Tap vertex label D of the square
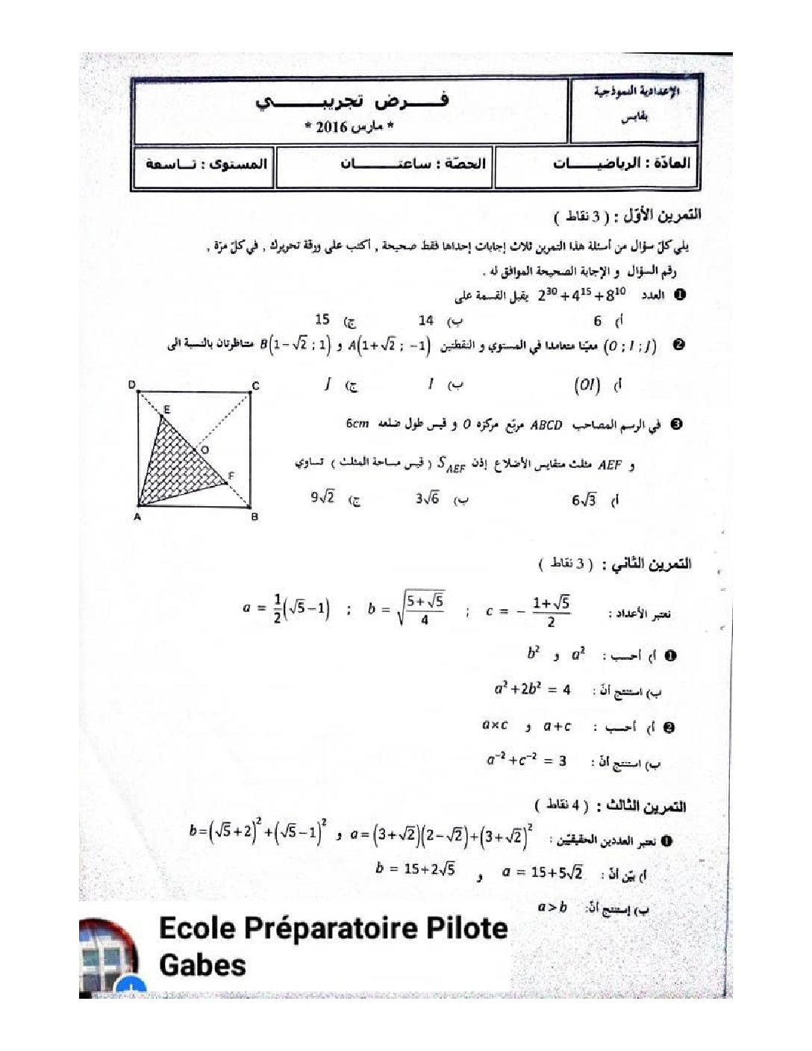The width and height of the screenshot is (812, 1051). click(132, 385)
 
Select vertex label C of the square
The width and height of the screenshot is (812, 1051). click(255, 386)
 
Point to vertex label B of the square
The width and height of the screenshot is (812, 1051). click(254, 517)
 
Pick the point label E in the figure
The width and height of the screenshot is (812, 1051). click(166, 409)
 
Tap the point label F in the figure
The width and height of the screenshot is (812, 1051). click(231, 475)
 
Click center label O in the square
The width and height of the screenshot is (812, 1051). click(204, 449)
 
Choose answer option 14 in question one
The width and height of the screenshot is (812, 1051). click(426, 320)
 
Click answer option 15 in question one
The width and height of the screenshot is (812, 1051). click(322, 319)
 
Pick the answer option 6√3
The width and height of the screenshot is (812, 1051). click(584, 500)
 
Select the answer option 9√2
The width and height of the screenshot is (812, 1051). click(323, 497)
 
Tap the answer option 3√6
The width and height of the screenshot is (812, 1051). click(428, 499)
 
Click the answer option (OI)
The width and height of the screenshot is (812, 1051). click(587, 385)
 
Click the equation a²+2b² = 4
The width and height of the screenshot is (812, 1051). click(532, 689)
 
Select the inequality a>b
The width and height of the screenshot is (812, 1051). click(552, 908)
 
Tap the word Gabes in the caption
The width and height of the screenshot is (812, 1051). click(202, 964)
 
